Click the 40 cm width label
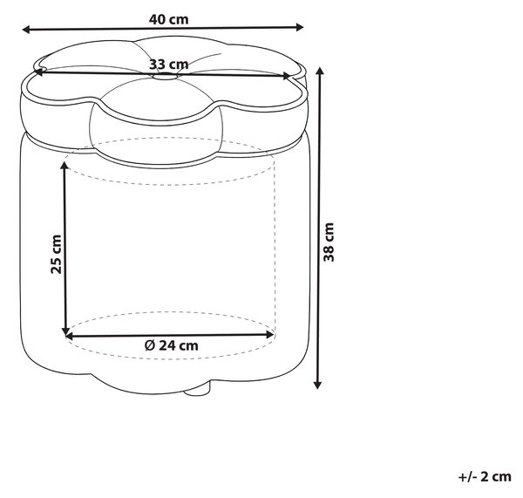tap(169, 19)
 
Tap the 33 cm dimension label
tap(169, 64)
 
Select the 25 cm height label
tap(56, 255)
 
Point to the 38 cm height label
tap(329, 242)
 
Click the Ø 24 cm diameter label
tap(172, 345)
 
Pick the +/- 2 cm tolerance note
tap(485, 477)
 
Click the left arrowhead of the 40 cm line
tap(26, 30)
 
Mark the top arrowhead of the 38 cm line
tap(320, 72)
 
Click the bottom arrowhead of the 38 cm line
tap(318, 385)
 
